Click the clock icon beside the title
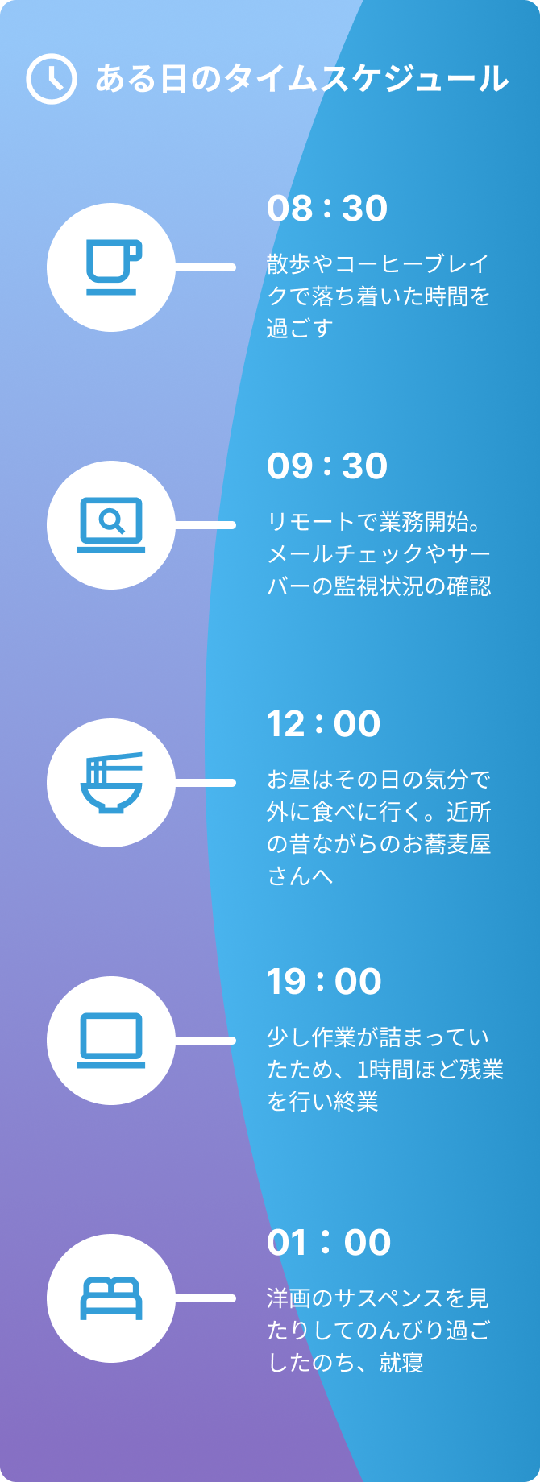point(52,79)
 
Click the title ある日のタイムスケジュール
point(302,79)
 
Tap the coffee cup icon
point(113,267)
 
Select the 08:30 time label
point(327,209)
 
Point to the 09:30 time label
point(327,466)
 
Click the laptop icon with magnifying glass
point(111,525)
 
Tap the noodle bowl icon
point(111,783)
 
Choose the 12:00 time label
point(324,724)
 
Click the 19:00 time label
point(324,982)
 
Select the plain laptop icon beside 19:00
point(111,1041)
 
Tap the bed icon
point(111,1298)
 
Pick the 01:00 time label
point(329,1243)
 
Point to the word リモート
point(311,522)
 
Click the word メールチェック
point(345,554)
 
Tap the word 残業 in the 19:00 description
point(481,1070)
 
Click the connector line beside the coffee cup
point(205,267)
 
